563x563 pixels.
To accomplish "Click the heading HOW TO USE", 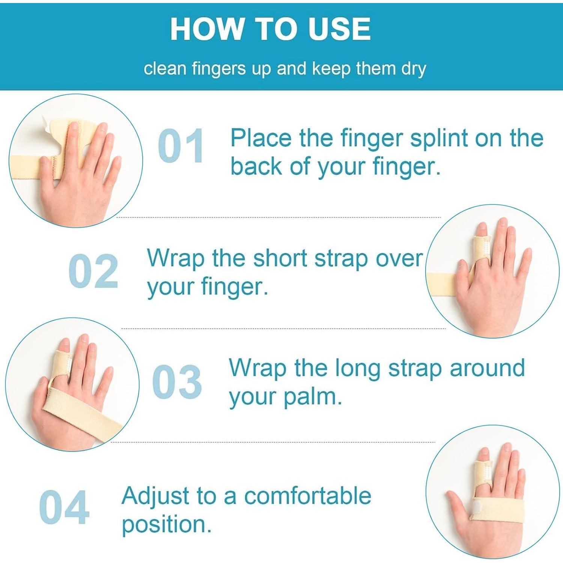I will tap(270, 29).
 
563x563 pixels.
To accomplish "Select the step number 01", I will tap(181, 146).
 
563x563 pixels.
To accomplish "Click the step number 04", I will tap(64, 507).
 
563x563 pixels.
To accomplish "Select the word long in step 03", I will tap(357, 368).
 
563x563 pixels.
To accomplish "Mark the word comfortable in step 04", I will tap(308, 496).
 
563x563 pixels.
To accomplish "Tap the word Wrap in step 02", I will tap(176, 259).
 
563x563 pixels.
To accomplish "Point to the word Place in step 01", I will tap(261, 138).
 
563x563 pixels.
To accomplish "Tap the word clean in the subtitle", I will tap(165, 69).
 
